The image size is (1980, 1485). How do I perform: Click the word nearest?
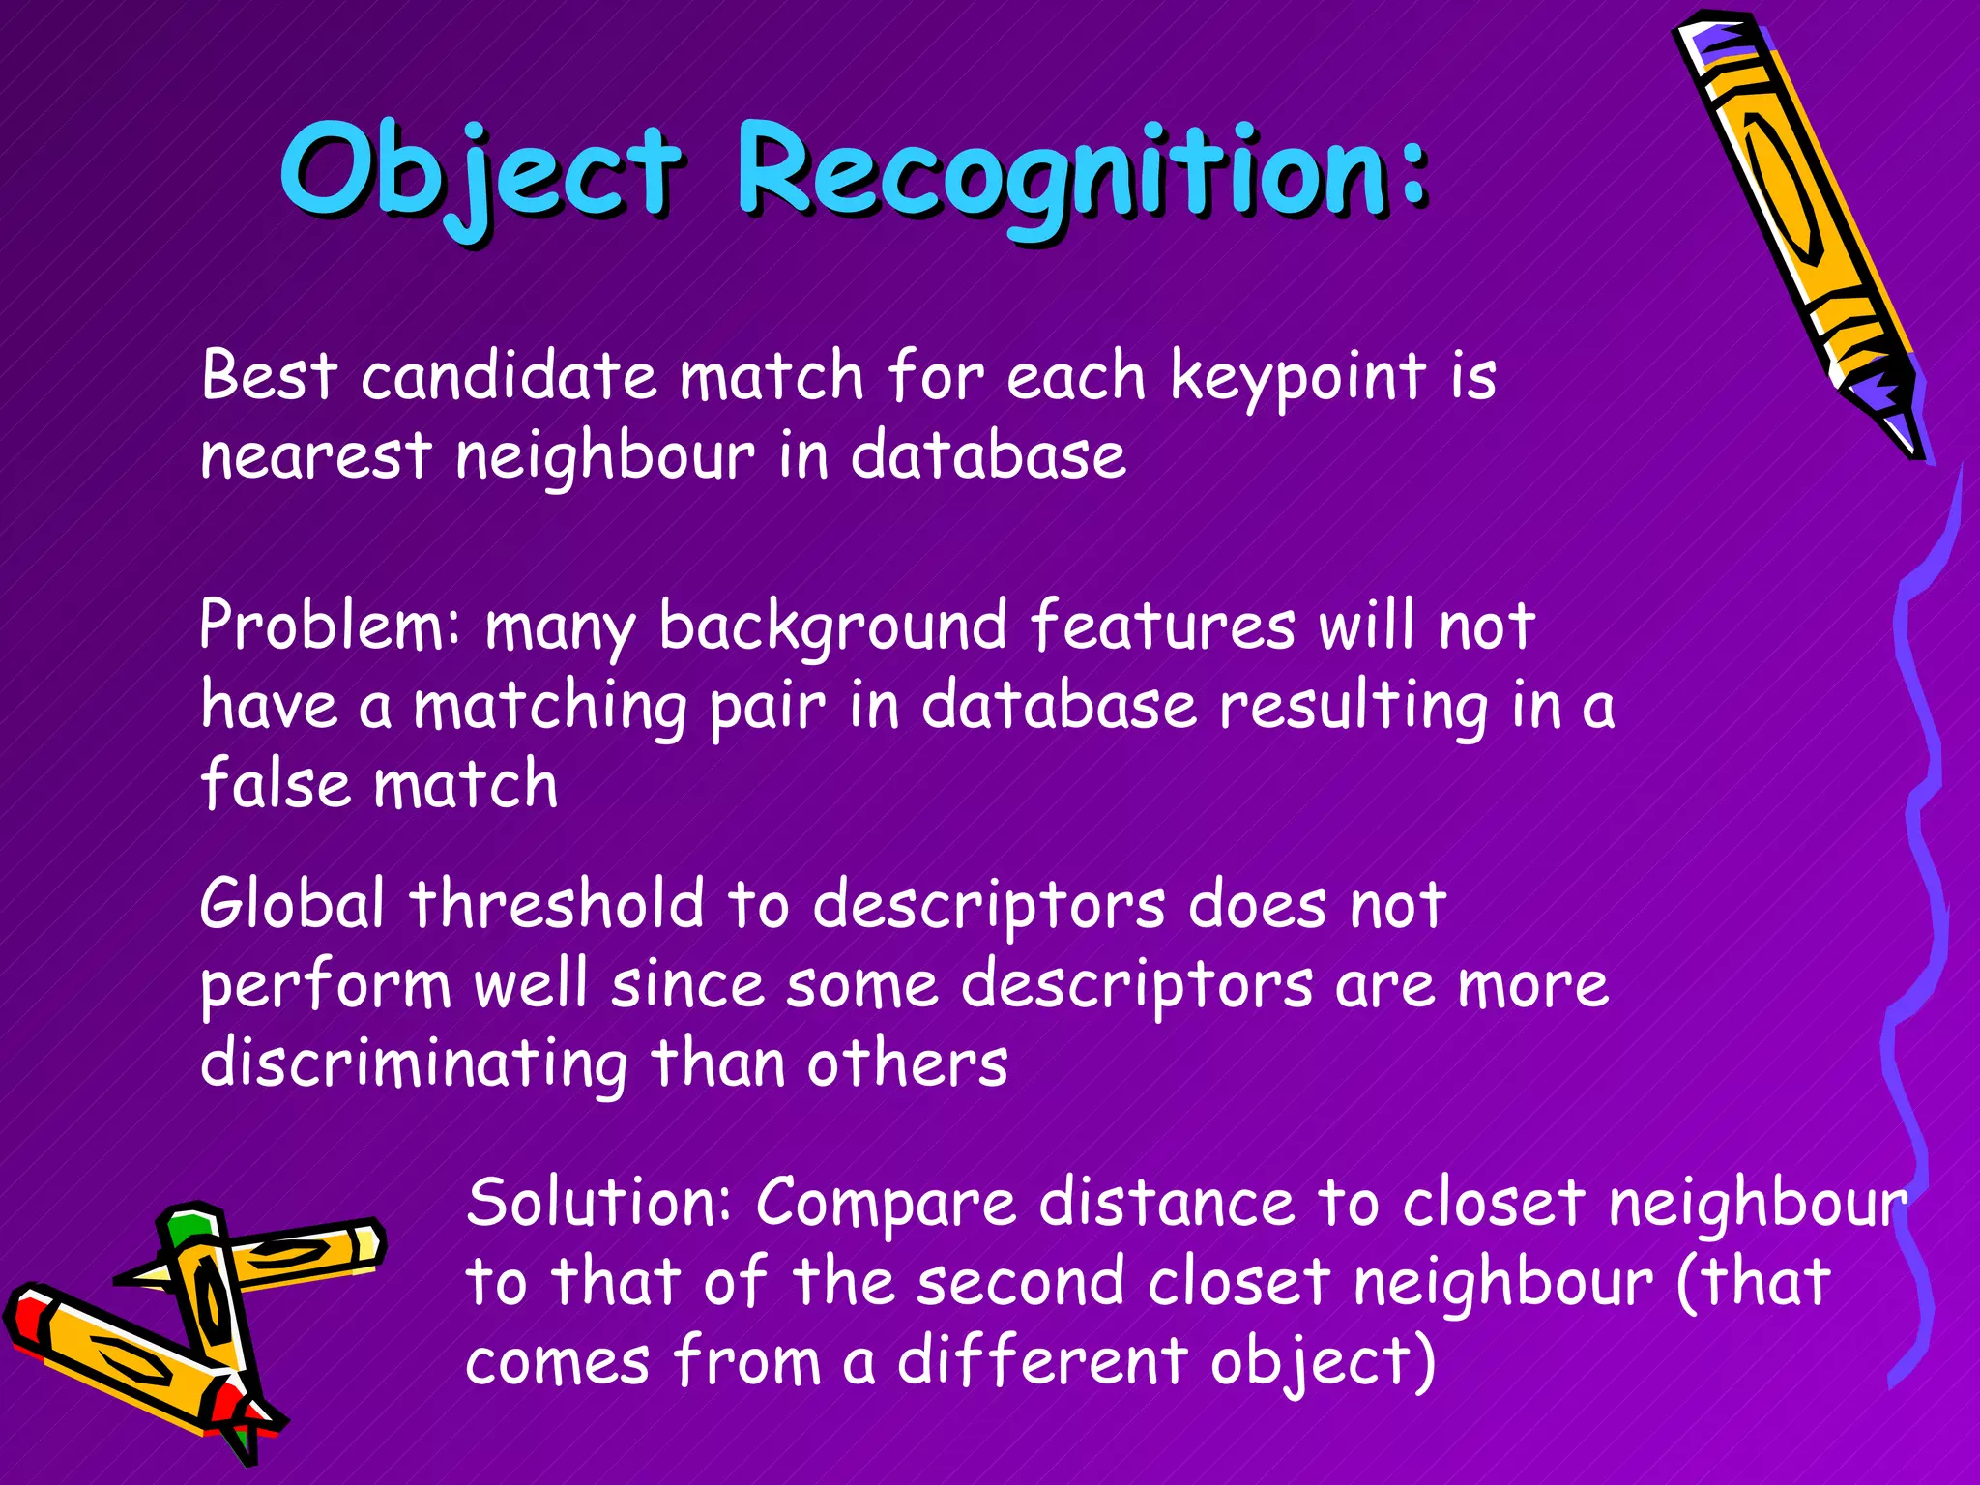point(315,456)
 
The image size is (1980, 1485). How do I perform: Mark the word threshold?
point(557,905)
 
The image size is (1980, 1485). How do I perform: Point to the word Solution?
point(599,1204)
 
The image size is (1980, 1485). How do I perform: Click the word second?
point(1021,1283)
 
